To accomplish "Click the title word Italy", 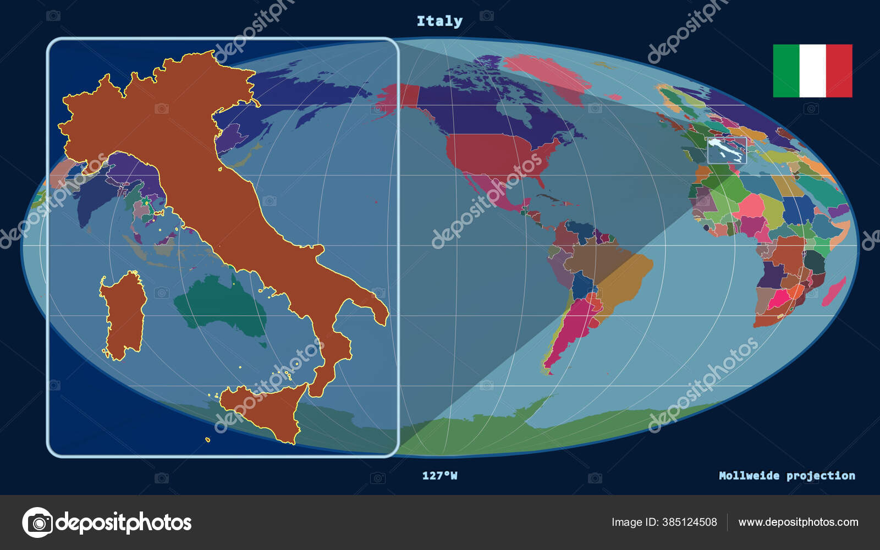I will [439, 21].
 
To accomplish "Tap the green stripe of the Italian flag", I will [786, 71].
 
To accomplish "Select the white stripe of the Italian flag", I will [812, 71].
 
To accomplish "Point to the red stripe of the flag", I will [839, 71].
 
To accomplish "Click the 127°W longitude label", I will [439, 476].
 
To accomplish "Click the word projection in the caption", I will [821, 476].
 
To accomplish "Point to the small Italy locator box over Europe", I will [727, 150].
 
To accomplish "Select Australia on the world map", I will [223, 305].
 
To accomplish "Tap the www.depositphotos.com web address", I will [798, 522].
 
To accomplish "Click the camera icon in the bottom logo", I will [37, 522].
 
